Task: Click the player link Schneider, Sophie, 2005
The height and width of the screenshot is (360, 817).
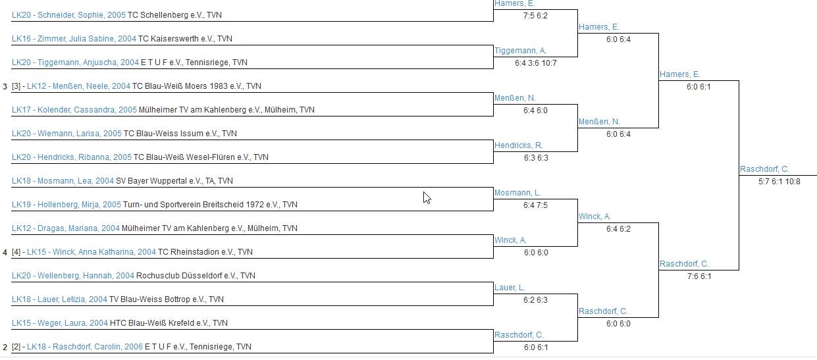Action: click(68, 14)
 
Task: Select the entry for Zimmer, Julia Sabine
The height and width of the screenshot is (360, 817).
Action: click(74, 39)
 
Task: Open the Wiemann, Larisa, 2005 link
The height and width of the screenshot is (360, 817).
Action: click(66, 134)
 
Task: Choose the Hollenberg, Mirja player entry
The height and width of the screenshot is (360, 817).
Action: click(66, 205)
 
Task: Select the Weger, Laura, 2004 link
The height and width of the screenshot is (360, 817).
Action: click(60, 323)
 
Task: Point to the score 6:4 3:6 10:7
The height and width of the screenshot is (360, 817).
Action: click(535, 63)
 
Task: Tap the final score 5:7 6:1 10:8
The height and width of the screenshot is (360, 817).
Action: click(779, 182)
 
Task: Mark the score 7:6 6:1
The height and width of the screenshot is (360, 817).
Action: click(698, 276)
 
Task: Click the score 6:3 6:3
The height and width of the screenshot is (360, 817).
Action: click(535, 158)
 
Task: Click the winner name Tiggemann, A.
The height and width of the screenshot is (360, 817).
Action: click(520, 51)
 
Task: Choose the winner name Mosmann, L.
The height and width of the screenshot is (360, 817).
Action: click(517, 193)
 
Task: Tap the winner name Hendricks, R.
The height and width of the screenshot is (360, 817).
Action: click(519, 145)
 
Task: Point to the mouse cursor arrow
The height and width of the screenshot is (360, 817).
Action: click(427, 197)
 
